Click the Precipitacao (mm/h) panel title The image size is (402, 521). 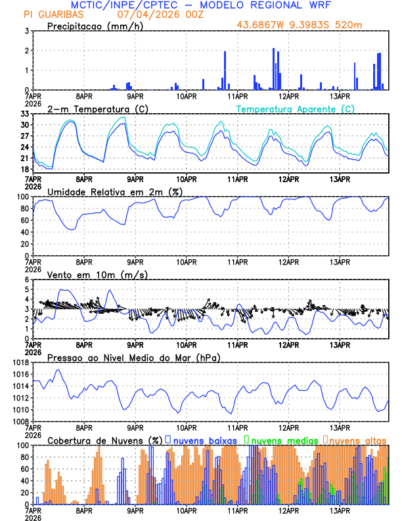95,26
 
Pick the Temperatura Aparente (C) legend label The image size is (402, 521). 296,109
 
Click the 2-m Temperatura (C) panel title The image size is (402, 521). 98,109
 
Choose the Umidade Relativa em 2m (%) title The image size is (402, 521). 116,191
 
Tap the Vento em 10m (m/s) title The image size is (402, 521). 97,274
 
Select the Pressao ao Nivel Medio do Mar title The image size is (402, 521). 134,357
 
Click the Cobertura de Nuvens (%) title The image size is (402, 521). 104,440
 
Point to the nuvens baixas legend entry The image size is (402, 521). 204,440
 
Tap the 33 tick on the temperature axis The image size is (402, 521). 24,114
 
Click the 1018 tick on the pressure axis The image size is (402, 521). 20,362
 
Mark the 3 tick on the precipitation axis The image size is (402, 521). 27,31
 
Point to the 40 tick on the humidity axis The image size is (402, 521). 24,232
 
